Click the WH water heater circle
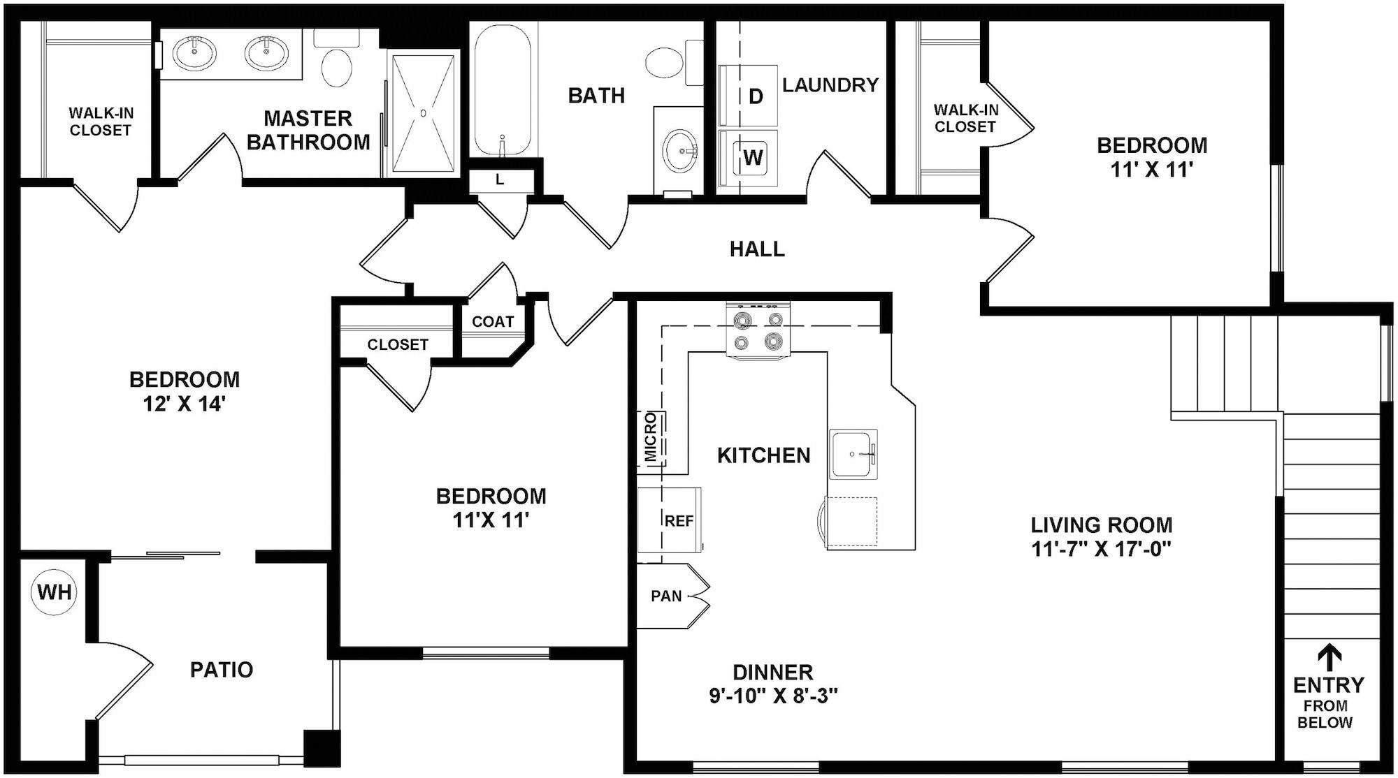point(55,592)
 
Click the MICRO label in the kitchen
point(651,439)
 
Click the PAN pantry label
point(666,596)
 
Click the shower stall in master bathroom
point(423,112)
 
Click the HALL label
point(757,249)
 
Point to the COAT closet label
point(493,321)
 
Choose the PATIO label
point(222,669)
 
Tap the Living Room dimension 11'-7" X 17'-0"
point(1102,548)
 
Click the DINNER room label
point(772,672)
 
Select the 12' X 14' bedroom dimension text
point(184,404)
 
